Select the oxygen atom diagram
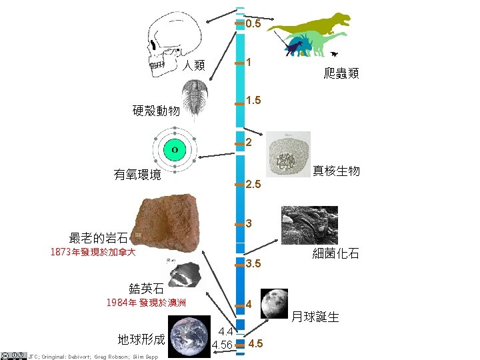point(174,150)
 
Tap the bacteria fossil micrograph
point(309,225)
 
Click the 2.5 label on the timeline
point(254,184)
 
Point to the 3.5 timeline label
point(253,264)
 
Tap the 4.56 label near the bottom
point(222,345)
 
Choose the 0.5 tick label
point(253,25)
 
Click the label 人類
point(194,65)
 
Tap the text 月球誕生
point(316,316)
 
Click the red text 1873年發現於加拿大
point(93,253)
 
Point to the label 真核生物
point(336,171)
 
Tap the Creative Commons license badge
point(13,355)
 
